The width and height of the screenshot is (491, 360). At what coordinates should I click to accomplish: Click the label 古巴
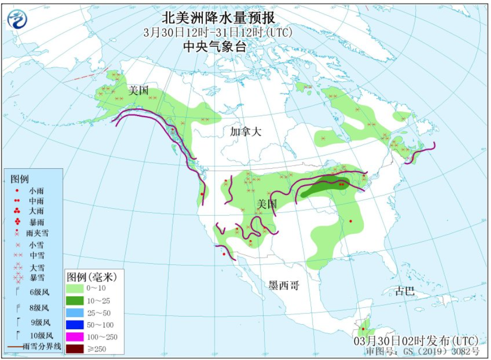405,291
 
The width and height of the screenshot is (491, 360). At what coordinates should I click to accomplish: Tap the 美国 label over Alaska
138,91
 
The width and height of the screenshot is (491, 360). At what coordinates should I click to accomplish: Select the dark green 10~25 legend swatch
77,301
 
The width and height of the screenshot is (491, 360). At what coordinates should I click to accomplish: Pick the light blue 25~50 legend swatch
77,313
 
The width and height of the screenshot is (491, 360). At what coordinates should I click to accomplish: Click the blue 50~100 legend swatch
77,325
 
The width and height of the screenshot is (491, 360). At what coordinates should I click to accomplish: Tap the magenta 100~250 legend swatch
77,336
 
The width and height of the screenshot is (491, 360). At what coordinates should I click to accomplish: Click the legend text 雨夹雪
37,233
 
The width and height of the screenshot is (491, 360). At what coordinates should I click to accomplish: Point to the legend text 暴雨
36,221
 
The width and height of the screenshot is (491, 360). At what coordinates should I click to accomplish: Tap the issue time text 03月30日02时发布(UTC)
416,341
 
